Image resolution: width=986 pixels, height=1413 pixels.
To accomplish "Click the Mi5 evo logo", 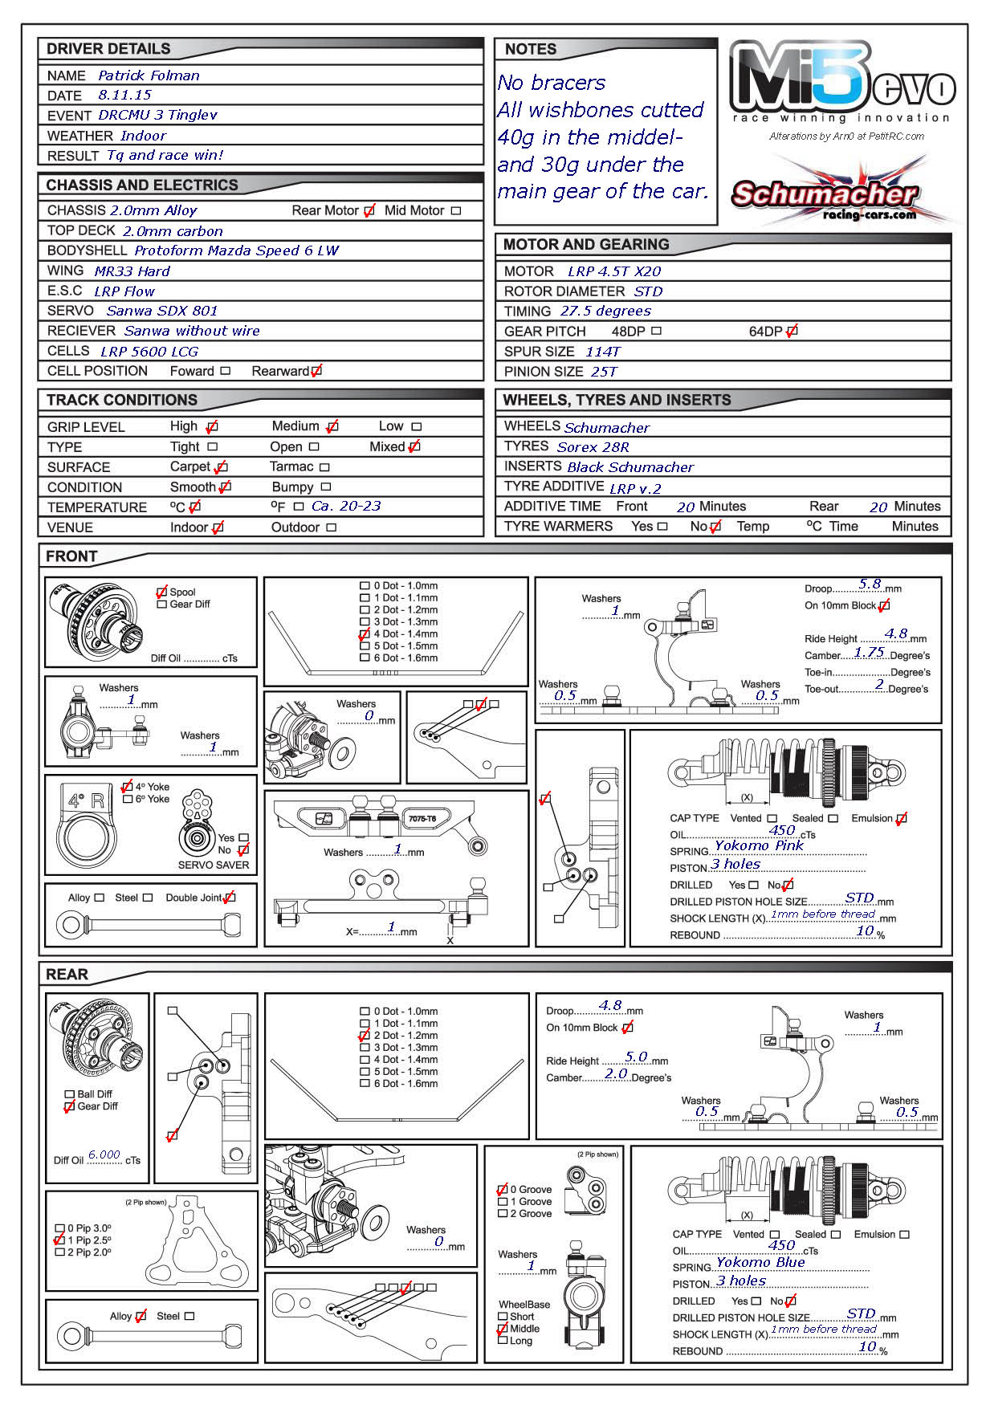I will coord(841,80).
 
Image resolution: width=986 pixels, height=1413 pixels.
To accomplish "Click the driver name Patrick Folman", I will coord(149,75).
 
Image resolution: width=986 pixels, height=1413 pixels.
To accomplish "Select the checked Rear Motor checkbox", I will coord(369,211).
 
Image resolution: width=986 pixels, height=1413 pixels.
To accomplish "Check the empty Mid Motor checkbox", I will coord(456,211).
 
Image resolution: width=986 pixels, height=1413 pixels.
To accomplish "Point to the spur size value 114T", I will coord(603,352).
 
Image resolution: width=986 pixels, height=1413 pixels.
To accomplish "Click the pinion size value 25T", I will coord(604,372).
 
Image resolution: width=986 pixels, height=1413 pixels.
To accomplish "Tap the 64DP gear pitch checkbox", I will coord(792,331).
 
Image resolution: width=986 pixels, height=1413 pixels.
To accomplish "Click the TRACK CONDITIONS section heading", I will coord(121,400).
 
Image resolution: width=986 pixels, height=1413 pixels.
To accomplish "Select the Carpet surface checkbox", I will coord(221,466).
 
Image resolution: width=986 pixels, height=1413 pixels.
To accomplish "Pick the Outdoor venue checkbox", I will coord(332,527).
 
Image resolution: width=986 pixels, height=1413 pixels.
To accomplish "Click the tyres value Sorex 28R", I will coord(593,447).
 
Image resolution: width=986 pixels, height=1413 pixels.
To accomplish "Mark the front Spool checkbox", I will coord(162,592).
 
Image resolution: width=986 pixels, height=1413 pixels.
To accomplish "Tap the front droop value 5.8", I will coord(870,584).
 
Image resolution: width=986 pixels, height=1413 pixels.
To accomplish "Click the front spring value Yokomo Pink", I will coord(759,845).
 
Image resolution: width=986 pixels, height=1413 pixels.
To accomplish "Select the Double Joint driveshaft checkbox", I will coord(230,898).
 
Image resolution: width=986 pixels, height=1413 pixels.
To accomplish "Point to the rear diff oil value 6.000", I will coord(104,1154).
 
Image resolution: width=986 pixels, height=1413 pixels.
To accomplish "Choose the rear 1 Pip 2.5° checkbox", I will coord(59,1240).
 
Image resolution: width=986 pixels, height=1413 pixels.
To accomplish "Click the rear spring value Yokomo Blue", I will coord(760,1261).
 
